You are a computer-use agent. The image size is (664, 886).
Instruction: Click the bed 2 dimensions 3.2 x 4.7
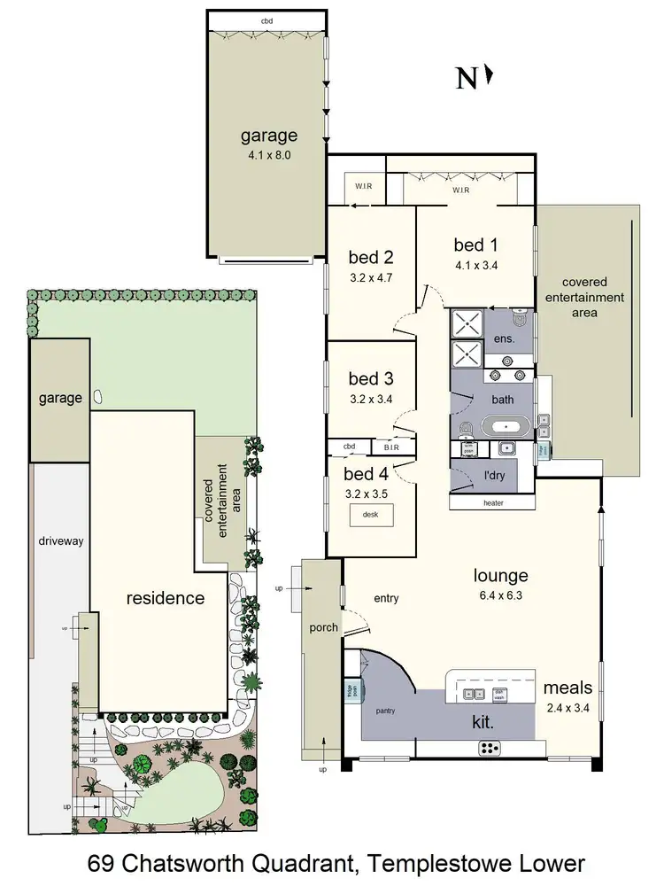(370, 276)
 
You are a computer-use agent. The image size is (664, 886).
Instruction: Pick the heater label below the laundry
(493, 503)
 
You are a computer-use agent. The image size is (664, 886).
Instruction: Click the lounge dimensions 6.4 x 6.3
(501, 595)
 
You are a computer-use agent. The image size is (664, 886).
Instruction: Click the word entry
(386, 598)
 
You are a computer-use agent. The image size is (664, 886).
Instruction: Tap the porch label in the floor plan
(323, 627)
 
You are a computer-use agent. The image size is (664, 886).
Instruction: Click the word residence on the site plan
(165, 598)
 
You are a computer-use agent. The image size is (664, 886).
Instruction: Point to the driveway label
(60, 540)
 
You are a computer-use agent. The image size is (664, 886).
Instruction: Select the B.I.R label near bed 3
(391, 447)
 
